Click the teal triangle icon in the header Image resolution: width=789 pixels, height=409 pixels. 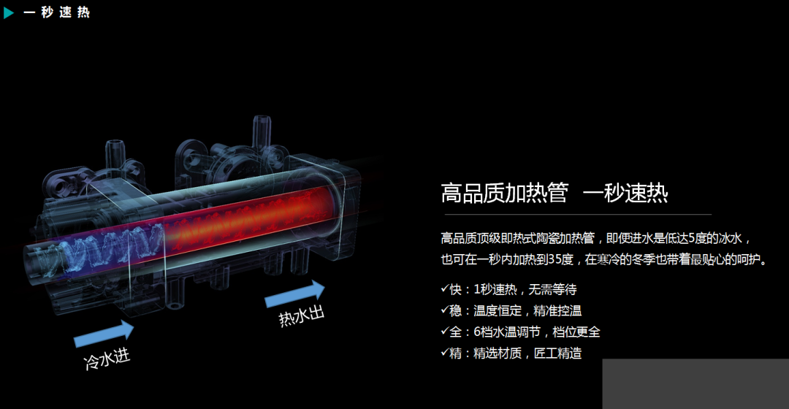(9, 12)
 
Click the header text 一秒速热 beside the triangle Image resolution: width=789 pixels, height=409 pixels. (57, 12)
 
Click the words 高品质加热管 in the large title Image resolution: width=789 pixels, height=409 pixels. (504, 194)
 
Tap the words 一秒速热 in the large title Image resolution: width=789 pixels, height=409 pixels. (626, 194)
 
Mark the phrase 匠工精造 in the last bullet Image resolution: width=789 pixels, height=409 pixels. (558, 353)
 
